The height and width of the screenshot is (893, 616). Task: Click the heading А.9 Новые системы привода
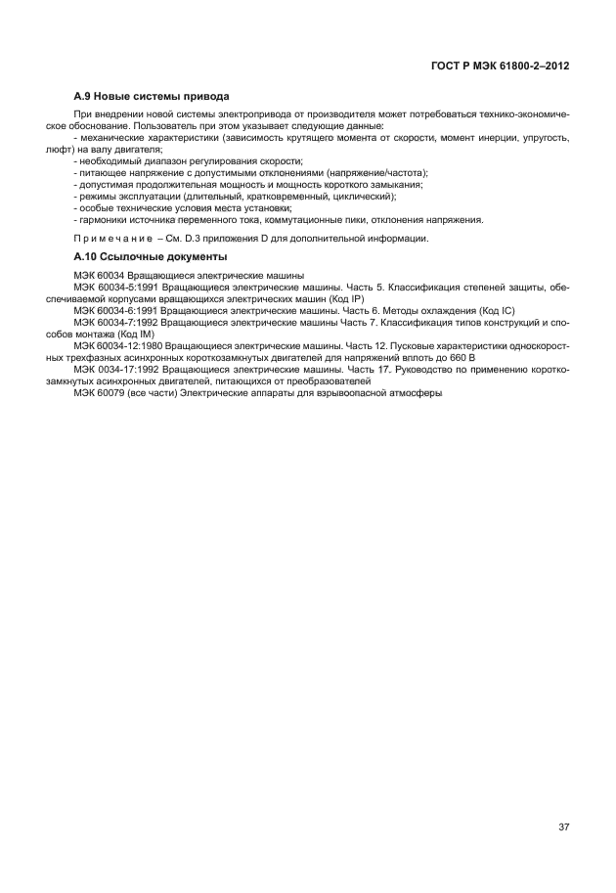click(x=151, y=97)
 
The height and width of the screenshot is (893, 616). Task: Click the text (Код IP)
click(x=345, y=298)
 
